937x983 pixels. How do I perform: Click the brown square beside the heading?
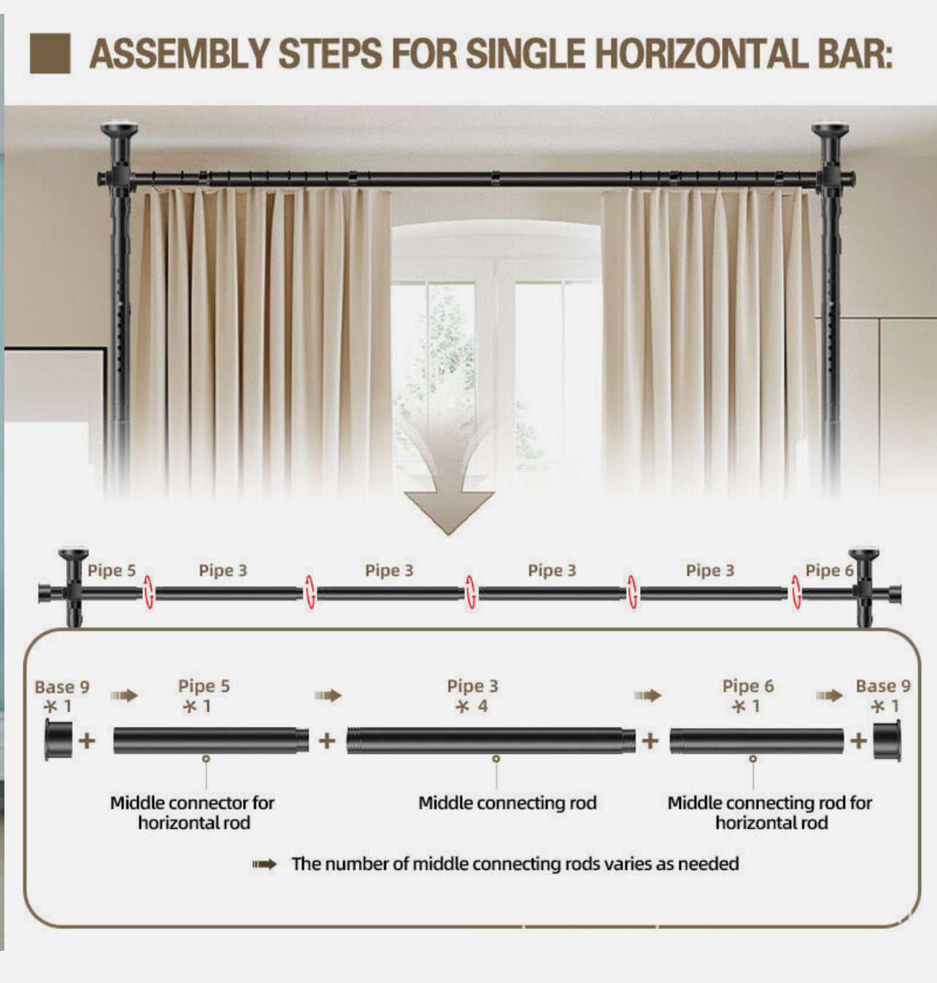pyautogui.click(x=50, y=53)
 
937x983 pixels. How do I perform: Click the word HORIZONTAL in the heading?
pyautogui.click(x=701, y=53)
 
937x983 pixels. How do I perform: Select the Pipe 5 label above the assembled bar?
pyautogui.click(x=112, y=571)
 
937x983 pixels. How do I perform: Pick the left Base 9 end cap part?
pyautogui.click(x=58, y=740)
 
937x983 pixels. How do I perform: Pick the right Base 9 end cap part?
pyautogui.click(x=887, y=741)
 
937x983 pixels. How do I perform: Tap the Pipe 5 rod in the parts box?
pyautogui.click(x=211, y=741)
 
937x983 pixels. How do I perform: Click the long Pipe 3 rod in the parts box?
pyautogui.click(x=491, y=741)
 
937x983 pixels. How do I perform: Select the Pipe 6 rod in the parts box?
pyautogui.click(x=757, y=741)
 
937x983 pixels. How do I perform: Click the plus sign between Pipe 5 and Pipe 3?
pyautogui.click(x=327, y=741)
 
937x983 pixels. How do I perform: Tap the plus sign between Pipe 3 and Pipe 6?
pyautogui.click(x=650, y=741)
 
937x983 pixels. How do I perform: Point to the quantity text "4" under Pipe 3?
pyautogui.click(x=482, y=706)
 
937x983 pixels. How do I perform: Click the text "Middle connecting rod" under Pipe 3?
pyautogui.click(x=507, y=803)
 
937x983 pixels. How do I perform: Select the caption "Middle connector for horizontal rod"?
pyautogui.click(x=193, y=813)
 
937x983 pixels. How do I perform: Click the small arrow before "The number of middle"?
pyautogui.click(x=264, y=865)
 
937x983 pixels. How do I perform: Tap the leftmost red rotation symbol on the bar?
pyautogui.click(x=148, y=593)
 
